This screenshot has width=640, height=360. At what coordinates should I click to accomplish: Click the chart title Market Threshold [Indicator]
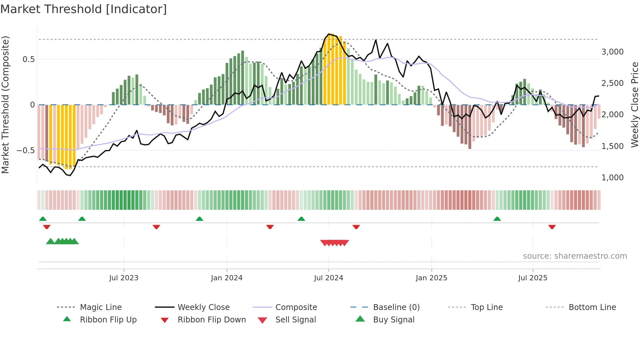[84, 9]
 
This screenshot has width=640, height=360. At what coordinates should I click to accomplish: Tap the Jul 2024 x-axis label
[328, 278]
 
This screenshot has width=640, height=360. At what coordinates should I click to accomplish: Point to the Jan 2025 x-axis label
[431, 278]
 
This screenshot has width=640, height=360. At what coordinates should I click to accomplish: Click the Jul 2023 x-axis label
[124, 278]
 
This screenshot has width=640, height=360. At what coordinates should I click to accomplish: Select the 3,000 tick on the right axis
[612, 52]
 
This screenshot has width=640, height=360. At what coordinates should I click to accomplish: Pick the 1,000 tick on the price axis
[612, 178]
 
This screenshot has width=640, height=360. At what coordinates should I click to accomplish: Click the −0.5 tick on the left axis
[25, 151]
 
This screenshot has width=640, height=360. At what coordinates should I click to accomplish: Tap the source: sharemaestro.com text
[575, 256]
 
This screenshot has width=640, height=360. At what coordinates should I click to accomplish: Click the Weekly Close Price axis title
[634, 105]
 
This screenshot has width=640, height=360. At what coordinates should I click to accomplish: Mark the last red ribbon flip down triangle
[552, 227]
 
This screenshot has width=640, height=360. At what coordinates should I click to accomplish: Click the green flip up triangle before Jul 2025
[497, 219]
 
